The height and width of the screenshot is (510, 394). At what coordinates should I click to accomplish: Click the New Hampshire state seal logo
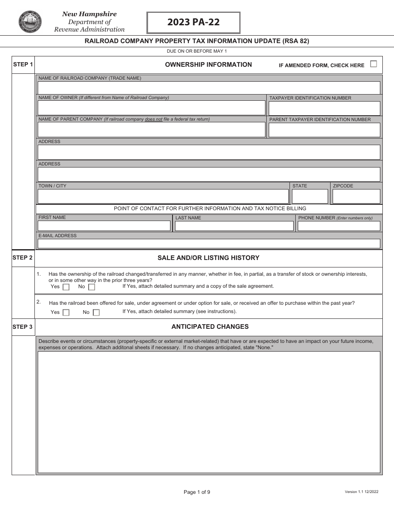point(30,22)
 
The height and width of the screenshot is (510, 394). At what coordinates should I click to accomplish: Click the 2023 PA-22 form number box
point(193,22)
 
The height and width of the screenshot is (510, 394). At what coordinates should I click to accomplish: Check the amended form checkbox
point(373,64)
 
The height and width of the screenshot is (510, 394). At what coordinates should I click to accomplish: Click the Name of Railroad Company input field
point(209,88)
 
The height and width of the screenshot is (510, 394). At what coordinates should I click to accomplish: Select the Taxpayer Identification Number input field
point(324,108)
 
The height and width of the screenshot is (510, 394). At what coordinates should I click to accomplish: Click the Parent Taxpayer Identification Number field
point(324,130)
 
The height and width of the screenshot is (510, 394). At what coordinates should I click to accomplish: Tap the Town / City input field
point(163,196)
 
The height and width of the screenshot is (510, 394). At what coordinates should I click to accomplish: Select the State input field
point(309,196)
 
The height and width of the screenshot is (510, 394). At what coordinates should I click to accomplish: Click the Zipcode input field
point(356,196)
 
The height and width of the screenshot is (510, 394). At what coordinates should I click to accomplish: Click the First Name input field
point(104,226)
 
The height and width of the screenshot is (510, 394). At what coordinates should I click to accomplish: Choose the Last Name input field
point(234,226)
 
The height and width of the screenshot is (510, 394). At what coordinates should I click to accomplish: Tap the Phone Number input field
point(338,226)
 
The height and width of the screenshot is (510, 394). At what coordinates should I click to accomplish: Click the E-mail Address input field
point(209,243)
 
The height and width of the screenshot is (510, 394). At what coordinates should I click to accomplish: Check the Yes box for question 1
point(66,287)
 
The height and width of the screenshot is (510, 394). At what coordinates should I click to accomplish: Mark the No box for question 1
point(92,287)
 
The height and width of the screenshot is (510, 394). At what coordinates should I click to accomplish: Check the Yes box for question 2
point(66,313)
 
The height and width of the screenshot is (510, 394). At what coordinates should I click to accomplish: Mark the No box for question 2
point(96,313)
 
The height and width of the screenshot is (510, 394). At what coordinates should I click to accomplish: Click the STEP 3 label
point(22,327)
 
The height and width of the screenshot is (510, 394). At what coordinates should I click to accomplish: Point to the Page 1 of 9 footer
point(197,492)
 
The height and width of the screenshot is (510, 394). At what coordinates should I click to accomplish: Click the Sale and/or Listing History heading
point(208,258)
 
